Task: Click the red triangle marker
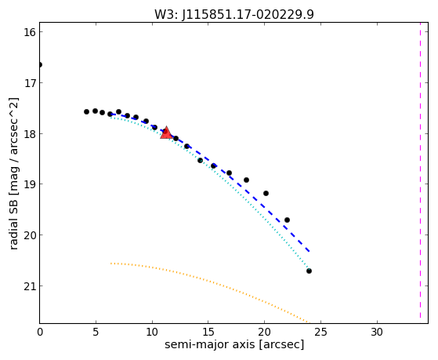(166, 133)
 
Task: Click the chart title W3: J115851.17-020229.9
(234, 15)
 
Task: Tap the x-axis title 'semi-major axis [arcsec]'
(234, 344)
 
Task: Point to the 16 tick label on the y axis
(30, 32)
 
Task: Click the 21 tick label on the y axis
(30, 286)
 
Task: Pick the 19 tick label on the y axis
(30, 184)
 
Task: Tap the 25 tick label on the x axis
(320, 332)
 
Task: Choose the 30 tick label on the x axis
(377, 332)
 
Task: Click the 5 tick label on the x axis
(96, 332)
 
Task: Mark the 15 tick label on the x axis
(208, 332)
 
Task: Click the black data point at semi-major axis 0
(40, 65)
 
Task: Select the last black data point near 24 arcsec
(309, 271)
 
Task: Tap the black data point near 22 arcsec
(287, 220)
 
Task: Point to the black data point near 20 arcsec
(266, 193)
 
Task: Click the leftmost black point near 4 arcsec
(87, 112)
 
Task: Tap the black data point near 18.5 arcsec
(246, 180)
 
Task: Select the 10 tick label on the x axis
(152, 332)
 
